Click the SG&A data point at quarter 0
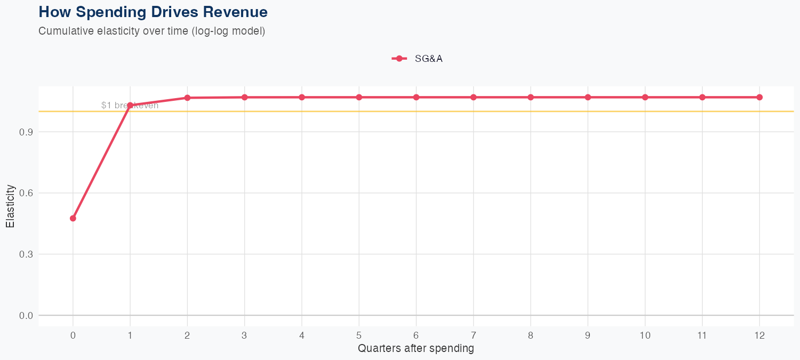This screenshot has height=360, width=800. point(73,218)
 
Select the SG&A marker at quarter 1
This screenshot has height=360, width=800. point(130,105)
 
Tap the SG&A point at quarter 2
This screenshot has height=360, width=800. point(187,98)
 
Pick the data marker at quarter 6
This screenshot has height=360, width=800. point(417,97)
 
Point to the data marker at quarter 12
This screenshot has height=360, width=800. point(759,97)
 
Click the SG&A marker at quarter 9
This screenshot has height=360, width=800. point(588,97)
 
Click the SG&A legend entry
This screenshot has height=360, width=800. point(417,59)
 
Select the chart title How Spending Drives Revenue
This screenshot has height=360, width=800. point(153,12)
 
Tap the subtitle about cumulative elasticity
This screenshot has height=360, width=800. point(151,31)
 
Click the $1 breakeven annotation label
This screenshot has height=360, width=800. point(130,106)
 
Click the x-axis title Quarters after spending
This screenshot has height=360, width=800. point(416,349)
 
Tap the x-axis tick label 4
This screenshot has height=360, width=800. point(302,335)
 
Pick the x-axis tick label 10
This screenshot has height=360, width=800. point(645,335)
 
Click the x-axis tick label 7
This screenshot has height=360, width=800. point(474,335)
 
